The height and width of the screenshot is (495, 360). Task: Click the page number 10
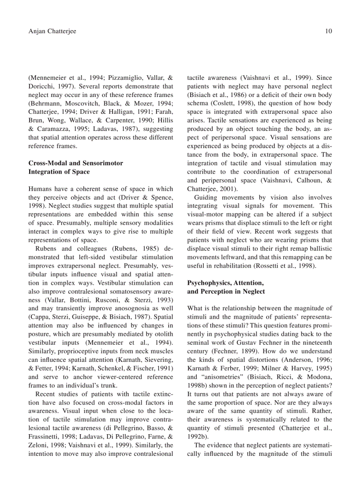click(x=328, y=31)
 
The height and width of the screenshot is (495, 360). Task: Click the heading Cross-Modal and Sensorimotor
click(x=75, y=163)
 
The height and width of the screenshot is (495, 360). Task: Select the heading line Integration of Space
click(x=59, y=172)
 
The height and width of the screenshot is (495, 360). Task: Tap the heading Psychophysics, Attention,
click(x=225, y=283)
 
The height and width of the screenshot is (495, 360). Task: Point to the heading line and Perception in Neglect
click(x=226, y=292)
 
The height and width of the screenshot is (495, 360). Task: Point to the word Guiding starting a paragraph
click(x=206, y=197)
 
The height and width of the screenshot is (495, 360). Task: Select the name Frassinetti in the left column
click(x=46, y=437)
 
